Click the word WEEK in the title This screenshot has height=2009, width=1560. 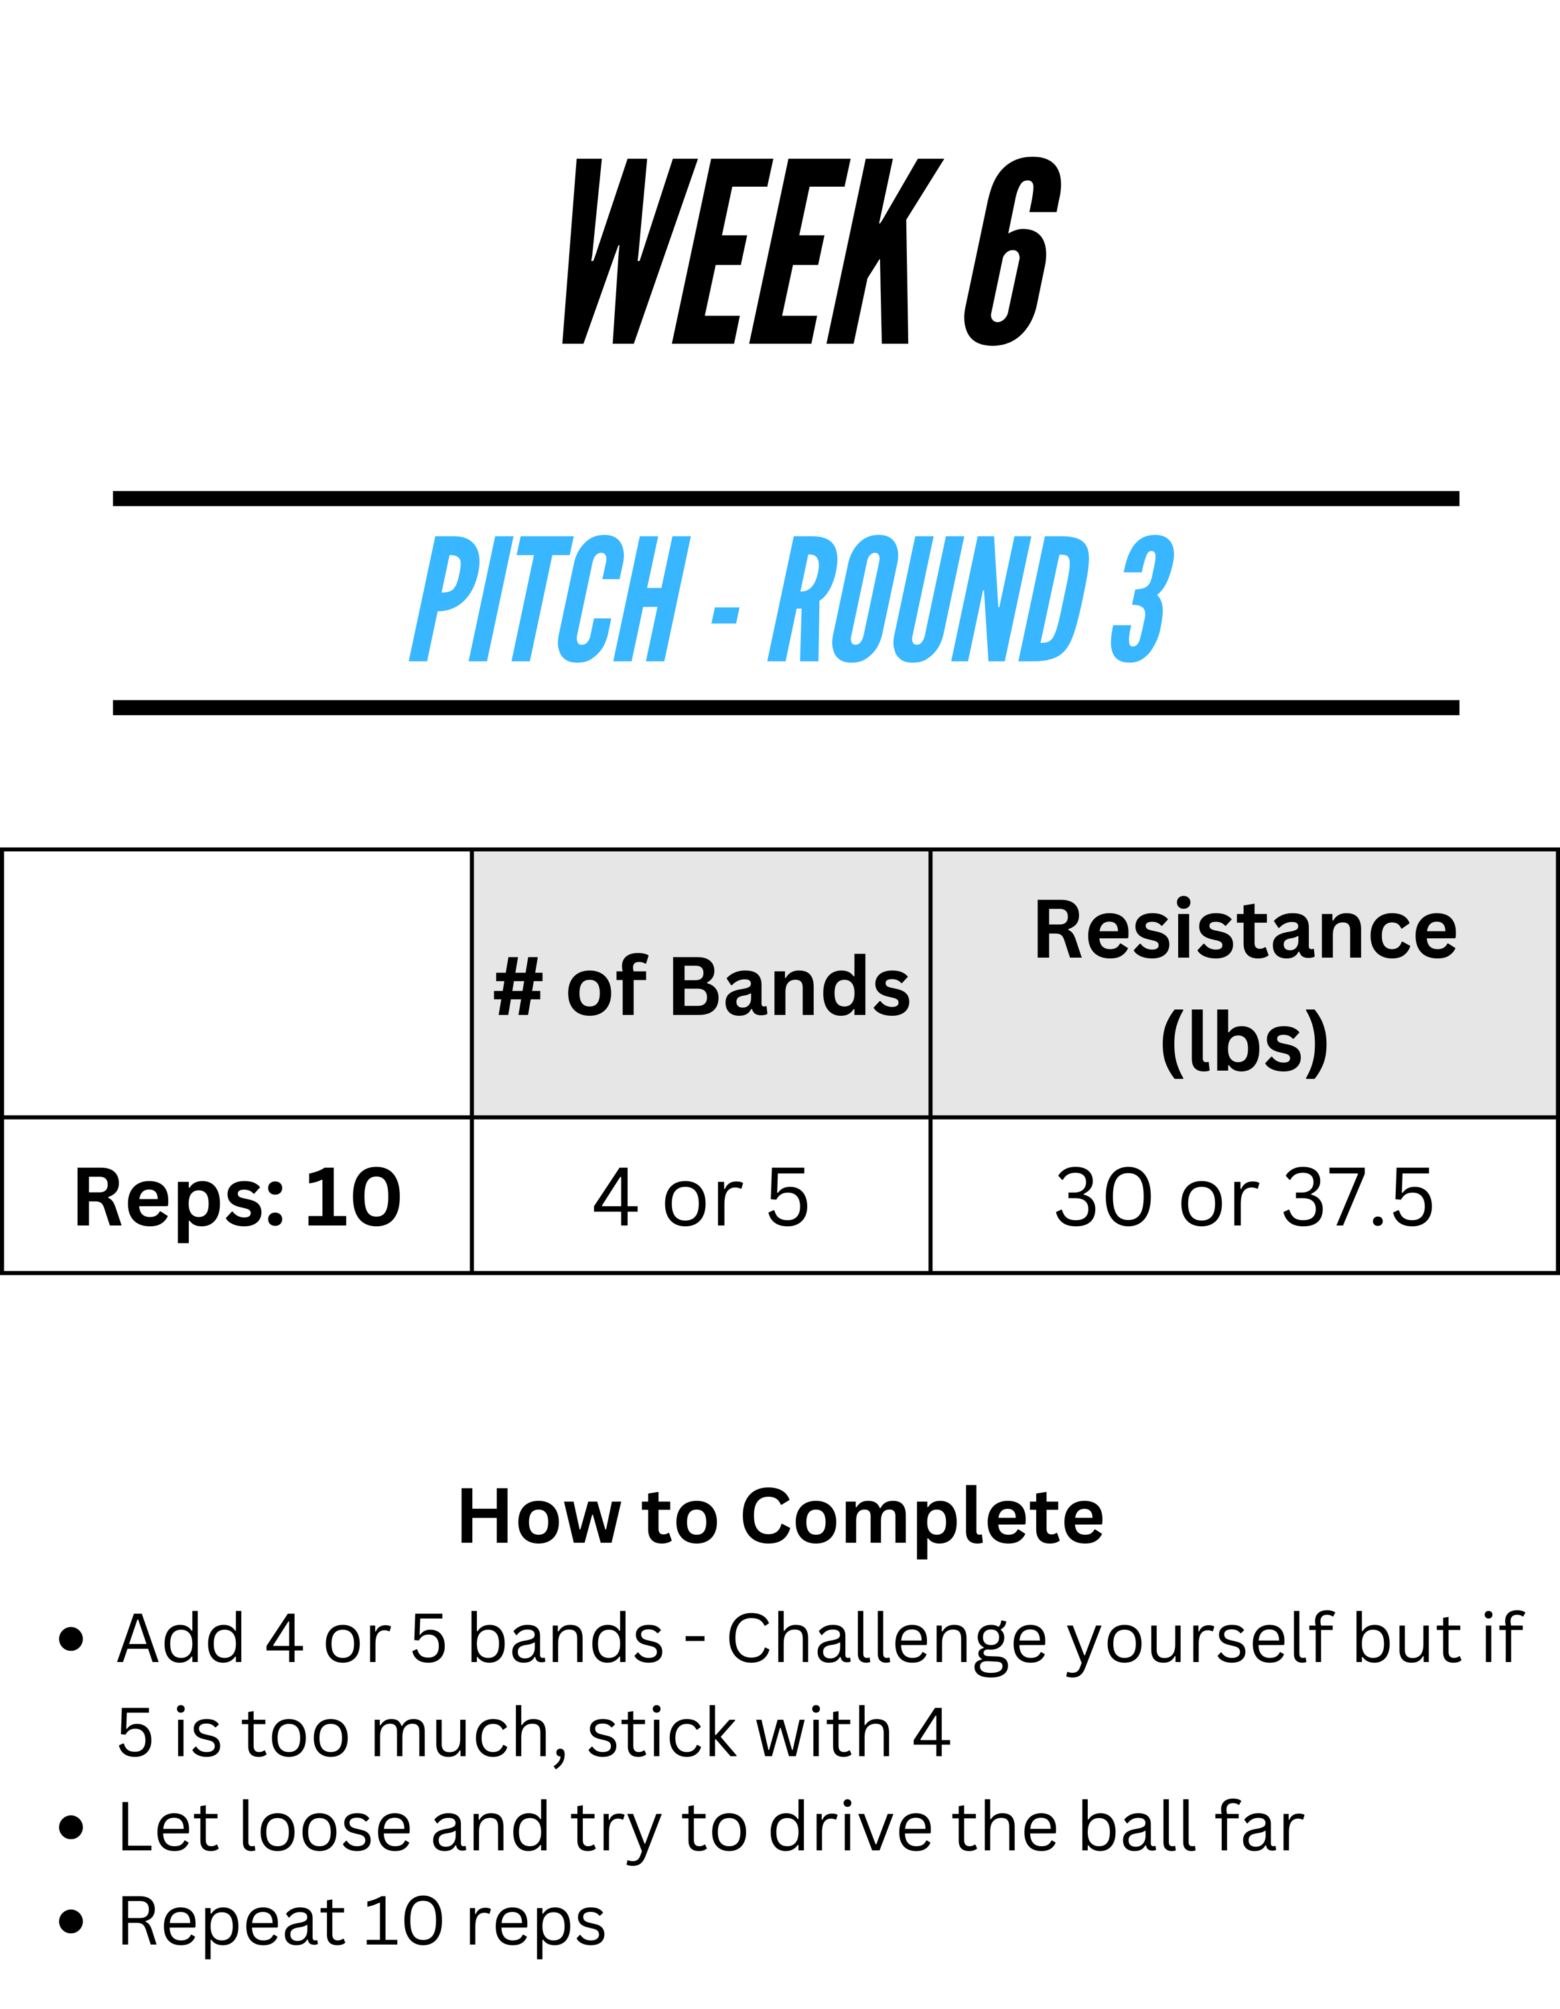coord(752,251)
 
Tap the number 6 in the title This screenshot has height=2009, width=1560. coord(1013,251)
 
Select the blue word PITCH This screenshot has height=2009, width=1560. coord(549,599)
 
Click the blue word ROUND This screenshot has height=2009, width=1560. coord(929,599)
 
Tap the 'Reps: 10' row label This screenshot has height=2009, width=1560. coord(237,1197)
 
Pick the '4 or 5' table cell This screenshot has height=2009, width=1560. coord(701,1197)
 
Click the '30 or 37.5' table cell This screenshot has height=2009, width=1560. coord(1244,1197)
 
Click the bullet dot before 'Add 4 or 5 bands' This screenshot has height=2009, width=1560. coord(71,1639)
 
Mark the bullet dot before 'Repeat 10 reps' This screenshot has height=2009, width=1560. coord(71,1923)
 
